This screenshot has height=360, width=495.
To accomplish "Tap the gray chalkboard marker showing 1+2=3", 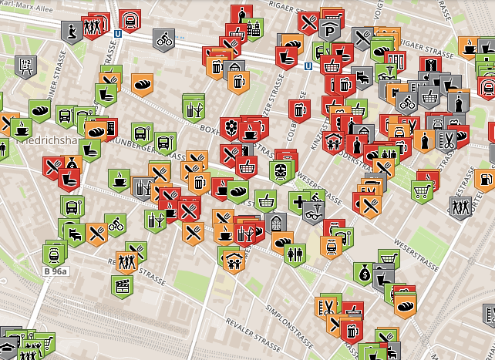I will click(25, 66).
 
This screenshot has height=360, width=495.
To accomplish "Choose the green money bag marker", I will click(363, 272).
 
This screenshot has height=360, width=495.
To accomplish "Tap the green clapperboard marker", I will click(121, 285).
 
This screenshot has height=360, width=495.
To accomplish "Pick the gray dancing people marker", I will click(460, 207).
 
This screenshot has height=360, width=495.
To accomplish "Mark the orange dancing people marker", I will click(126, 261).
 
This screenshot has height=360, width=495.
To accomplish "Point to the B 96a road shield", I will click(56, 271).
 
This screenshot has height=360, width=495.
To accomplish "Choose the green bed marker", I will click(76, 232).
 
